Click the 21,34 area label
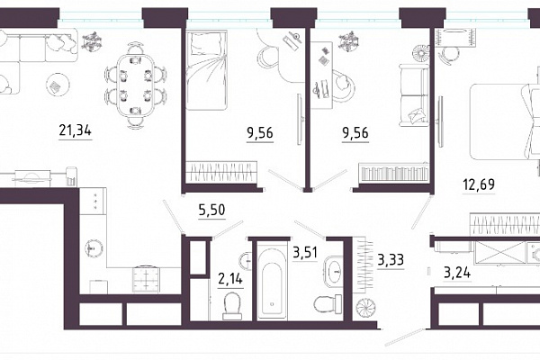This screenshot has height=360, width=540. tap(75, 130)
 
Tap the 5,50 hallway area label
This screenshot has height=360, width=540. tap(211, 210)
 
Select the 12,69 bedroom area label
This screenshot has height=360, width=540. tap(479, 184)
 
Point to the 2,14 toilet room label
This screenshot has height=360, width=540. tap(230, 278)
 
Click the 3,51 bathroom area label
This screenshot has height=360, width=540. tap(305, 253)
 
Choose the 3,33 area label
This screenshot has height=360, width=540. tap(391, 259)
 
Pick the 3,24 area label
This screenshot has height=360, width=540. tap(457, 273)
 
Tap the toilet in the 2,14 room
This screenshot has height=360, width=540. tap(231, 306)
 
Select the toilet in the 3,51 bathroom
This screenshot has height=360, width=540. tap(328, 304)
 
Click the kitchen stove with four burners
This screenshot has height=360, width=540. tap(146, 279)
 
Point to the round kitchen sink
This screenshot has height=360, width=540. tap(94, 248)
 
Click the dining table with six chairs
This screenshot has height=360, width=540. tap(135, 85)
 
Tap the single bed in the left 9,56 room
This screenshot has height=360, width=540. tap(206, 70)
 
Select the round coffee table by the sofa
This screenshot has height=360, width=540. tap(58, 85)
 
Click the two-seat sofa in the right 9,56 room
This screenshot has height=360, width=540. tap(414, 94)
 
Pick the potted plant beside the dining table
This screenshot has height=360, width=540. tap(92, 41)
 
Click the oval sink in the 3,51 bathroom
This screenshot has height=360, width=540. tap(334, 272)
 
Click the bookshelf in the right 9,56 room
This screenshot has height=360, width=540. tap(393, 172)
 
